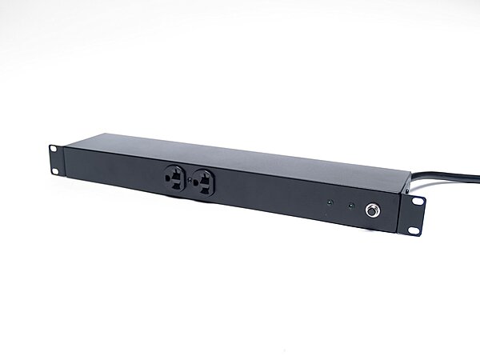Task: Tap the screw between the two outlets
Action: [190, 180]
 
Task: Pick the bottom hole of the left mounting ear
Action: [56, 168]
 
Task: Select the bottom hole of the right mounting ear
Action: [414, 230]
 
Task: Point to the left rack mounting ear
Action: [56, 158]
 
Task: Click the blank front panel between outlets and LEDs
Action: [272, 196]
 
